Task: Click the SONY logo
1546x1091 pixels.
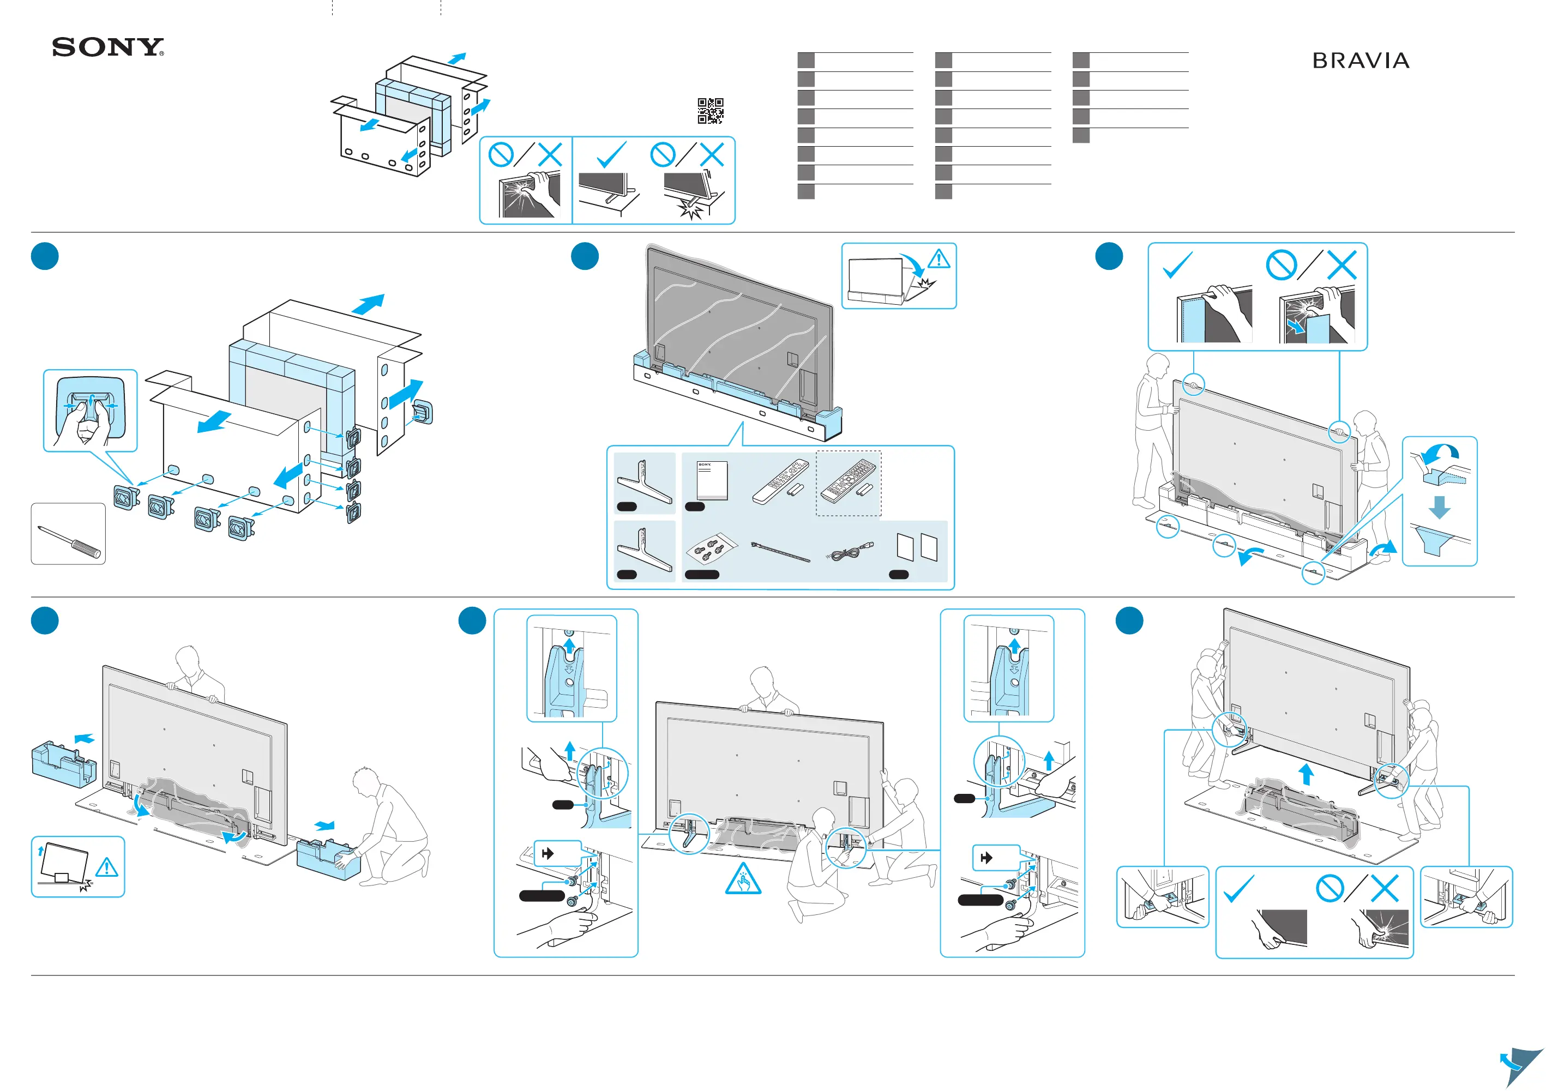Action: pyautogui.click(x=108, y=47)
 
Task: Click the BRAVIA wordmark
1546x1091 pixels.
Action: pyautogui.click(x=1360, y=61)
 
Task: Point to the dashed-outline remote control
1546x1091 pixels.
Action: pyautogui.click(x=849, y=483)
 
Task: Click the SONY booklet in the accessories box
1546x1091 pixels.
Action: pyautogui.click(x=712, y=480)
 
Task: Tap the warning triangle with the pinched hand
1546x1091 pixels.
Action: pyautogui.click(x=743, y=879)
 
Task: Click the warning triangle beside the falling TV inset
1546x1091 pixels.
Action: pyautogui.click(x=939, y=258)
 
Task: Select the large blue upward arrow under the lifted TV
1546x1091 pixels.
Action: pyautogui.click(x=1306, y=774)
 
